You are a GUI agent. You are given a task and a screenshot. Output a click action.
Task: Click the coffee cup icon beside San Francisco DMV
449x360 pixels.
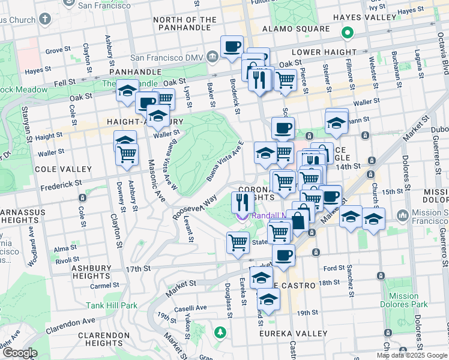[x=232, y=46]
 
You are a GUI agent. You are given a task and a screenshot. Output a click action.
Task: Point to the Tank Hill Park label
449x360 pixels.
[x=112, y=305]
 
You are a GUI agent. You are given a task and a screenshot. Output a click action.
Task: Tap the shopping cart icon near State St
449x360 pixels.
[x=238, y=242]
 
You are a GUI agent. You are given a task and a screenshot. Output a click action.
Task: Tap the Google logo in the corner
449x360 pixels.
[x=19, y=353]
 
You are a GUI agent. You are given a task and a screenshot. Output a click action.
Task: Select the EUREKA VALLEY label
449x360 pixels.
[x=292, y=332]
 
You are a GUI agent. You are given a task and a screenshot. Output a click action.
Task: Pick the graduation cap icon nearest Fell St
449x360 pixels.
[x=127, y=90]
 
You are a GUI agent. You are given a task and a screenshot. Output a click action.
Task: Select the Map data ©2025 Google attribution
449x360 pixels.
[x=412, y=355]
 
